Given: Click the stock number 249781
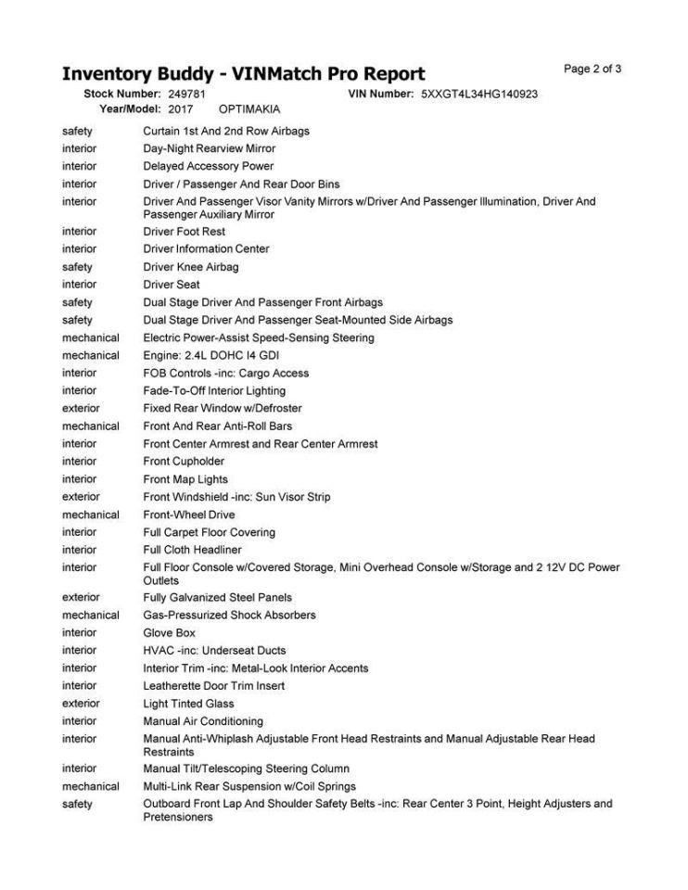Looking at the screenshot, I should click(186, 95).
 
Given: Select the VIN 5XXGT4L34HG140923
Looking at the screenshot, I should click(479, 95).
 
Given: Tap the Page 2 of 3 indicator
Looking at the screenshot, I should click(592, 69).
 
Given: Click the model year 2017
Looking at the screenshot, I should click(181, 108).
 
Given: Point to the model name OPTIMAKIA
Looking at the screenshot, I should click(248, 108).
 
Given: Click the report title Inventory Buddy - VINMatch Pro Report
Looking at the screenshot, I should click(243, 74).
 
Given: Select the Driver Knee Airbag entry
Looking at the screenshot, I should click(190, 267).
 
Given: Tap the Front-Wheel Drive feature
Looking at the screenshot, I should click(189, 515).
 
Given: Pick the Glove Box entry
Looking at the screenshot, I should click(169, 633).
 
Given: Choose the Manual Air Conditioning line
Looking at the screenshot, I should click(203, 721).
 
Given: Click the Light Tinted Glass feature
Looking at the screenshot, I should click(188, 704).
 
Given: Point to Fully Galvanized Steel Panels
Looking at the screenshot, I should click(218, 598).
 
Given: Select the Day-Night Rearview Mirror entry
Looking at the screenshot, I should click(209, 148).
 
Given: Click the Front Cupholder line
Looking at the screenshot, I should click(184, 462).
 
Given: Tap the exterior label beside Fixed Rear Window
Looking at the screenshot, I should click(81, 409).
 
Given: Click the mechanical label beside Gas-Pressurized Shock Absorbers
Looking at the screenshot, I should click(90, 616).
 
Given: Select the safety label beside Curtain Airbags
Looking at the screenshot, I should click(77, 132).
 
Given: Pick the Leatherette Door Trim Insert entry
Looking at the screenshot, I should click(213, 686).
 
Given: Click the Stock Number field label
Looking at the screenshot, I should click(122, 95).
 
